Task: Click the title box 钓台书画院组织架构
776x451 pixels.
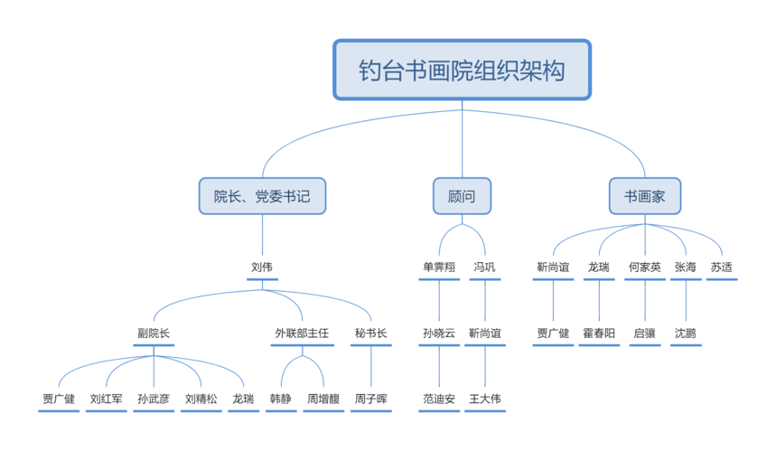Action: pyautogui.click(x=462, y=70)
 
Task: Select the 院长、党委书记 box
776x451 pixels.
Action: pyautogui.click(x=262, y=195)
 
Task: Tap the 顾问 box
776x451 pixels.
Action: pyautogui.click(x=462, y=195)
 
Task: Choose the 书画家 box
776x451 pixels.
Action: pyautogui.click(x=645, y=195)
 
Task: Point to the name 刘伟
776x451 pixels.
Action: pyautogui.click(x=262, y=268)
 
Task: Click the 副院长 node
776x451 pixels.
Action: pyautogui.click(x=153, y=334)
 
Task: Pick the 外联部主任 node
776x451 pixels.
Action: pyautogui.click(x=302, y=334)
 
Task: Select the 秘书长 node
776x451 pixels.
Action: pyautogui.click(x=370, y=334)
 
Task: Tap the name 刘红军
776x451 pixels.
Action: pyautogui.click(x=106, y=399)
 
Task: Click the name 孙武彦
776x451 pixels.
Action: pyautogui.click(x=153, y=399)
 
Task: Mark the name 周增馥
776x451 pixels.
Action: pyautogui.click(x=323, y=399)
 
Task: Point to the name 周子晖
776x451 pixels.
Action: pyautogui.click(x=370, y=399)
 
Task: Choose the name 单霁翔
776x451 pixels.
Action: pyautogui.click(x=439, y=268)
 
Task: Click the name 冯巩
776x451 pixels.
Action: pyautogui.click(x=484, y=268)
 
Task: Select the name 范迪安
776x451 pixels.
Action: pyautogui.click(x=439, y=399)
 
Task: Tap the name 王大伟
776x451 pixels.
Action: pyautogui.click(x=484, y=399)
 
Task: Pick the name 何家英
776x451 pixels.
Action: pyautogui.click(x=645, y=268)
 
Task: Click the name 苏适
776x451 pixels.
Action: pyautogui.click(x=721, y=268)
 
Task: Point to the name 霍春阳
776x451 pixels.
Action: pyautogui.click(x=598, y=334)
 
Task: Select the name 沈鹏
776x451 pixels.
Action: pyautogui.click(x=685, y=334)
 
